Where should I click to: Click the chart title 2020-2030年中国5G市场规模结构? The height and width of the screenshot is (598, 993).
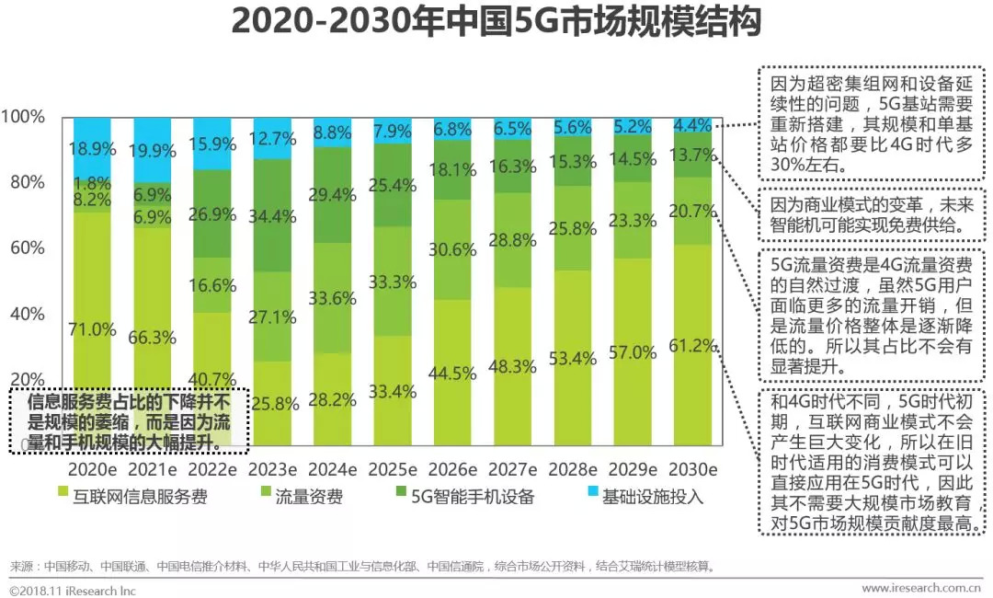[496, 22]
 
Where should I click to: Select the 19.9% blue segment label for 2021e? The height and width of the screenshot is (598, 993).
[153, 149]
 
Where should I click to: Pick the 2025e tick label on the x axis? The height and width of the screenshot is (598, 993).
[394, 469]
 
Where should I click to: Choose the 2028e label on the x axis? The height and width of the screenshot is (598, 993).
[572, 469]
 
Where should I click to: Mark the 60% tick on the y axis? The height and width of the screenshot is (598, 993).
[27, 248]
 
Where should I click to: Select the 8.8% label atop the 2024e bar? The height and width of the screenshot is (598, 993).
[332, 132]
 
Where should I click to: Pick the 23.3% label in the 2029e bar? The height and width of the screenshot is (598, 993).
[633, 221]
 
